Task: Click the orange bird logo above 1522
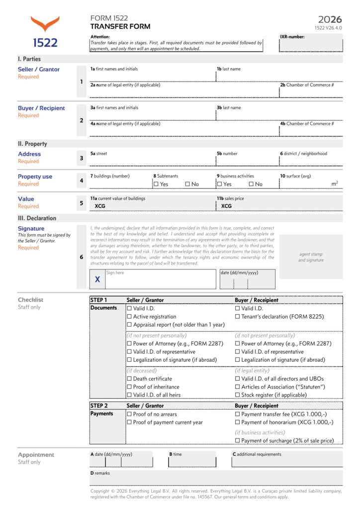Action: coord(45,24)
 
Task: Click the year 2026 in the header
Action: coord(330,19)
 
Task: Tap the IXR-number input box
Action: coord(311,45)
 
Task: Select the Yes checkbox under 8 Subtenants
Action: coord(156,184)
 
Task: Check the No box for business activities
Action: coord(251,184)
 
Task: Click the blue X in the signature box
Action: coord(97,280)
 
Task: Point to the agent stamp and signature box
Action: coord(311,257)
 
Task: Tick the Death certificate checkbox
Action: coord(129,379)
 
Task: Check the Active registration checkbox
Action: coord(129,317)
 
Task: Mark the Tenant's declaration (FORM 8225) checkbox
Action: coord(238,317)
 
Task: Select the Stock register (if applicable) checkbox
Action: coord(238,395)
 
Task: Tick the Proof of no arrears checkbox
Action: coord(129,414)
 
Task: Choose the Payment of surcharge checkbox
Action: coord(238,440)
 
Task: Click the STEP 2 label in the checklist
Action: coord(99,406)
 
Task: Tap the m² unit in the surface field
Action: coord(335,184)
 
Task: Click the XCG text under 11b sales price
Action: coord(226,206)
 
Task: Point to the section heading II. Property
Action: coord(32,144)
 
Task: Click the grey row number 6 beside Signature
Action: coord(82,257)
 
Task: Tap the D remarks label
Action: coord(100,473)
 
